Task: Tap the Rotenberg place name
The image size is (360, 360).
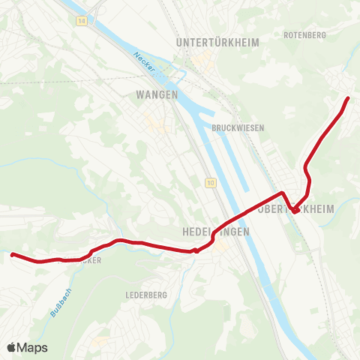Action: click(305, 34)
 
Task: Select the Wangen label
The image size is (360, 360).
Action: click(157, 94)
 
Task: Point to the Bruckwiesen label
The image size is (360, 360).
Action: click(238, 128)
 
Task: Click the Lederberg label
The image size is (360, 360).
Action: click(146, 295)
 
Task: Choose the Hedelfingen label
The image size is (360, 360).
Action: click(216, 232)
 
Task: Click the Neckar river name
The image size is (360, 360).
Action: click(145, 63)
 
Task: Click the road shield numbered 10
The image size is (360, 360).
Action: click(211, 183)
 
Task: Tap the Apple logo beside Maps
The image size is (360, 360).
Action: click(12, 347)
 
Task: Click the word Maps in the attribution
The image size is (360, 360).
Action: click(32, 347)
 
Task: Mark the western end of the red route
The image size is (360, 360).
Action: click(13, 255)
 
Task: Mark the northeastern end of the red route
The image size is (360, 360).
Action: click(347, 98)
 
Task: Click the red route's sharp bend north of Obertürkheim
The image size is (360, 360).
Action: click(282, 193)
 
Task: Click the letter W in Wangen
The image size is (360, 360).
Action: click(140, 94)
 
